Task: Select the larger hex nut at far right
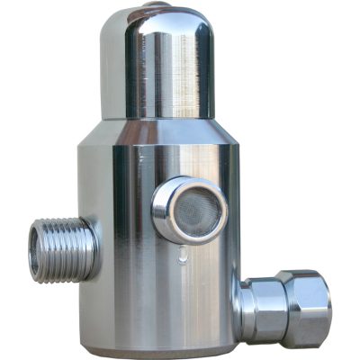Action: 304,308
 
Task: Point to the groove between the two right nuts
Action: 282,308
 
